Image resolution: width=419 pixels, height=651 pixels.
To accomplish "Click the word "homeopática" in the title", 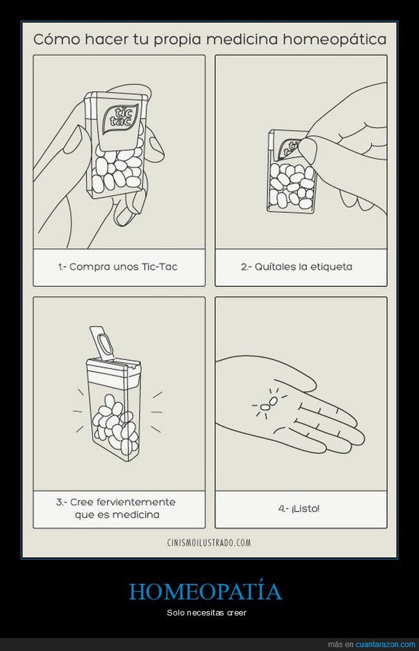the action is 335,40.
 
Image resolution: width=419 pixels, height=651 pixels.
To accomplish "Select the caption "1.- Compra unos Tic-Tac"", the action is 117,266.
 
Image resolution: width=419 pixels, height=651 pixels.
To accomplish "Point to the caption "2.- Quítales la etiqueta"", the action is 297,266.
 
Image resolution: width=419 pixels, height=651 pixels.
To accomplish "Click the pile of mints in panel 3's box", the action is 114,423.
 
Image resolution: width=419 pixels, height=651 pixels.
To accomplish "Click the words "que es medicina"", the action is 117,515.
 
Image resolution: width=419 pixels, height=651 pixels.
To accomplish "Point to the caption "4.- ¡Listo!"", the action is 298,508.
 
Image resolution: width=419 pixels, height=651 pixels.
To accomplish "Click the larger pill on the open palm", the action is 273,401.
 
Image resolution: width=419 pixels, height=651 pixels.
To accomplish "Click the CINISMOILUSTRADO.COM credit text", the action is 209,542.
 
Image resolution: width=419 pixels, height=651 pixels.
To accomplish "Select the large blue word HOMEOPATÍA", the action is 206,591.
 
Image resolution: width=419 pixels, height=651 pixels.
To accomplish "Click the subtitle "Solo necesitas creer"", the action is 206,612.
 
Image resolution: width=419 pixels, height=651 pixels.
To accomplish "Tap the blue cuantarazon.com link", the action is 385,645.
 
